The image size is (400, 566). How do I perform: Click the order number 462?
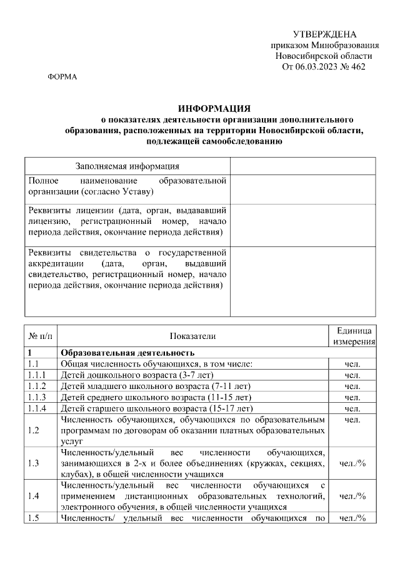[x=358, y=66]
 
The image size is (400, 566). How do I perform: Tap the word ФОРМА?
[x=62, y=77]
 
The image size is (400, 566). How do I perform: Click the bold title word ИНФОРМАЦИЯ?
[x=214, y=108]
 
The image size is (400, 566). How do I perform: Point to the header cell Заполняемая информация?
[x=127, y=166]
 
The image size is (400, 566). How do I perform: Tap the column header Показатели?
[x=192, y=336]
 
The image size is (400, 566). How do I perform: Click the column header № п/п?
[x=40, y=336]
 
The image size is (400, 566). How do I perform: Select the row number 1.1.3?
[x=38, y=397]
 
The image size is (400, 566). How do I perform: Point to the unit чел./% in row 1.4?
[x=352, y=495]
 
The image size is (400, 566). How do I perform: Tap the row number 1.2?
[x=34, y=431]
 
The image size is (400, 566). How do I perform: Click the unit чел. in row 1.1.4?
[x=352, y=408]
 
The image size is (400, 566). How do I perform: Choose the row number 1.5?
[x=34, y=518]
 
